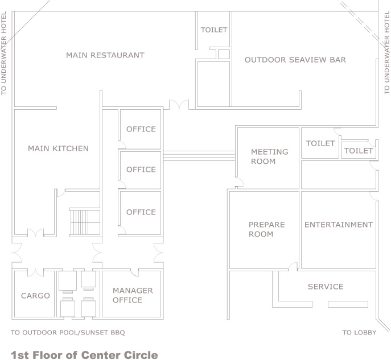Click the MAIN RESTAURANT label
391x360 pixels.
105,55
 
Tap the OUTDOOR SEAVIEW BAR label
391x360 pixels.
295,60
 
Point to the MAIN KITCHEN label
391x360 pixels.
59,148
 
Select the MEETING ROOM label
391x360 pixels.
270,156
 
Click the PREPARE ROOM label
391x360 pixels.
266,229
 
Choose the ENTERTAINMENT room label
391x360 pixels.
339,225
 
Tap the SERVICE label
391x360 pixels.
326,287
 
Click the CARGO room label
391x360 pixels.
35,296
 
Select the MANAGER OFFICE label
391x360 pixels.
133,295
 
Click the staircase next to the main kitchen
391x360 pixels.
85,222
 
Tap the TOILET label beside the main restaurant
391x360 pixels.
214,30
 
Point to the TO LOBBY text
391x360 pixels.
359,333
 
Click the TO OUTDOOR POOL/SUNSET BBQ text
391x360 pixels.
68,333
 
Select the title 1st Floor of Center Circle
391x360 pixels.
84,355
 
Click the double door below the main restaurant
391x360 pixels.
179,105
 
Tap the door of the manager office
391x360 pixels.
134,272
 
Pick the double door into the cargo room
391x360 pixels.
35,272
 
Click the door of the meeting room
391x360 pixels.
240,182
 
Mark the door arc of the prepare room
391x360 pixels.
293,266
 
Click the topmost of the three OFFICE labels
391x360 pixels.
141,129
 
